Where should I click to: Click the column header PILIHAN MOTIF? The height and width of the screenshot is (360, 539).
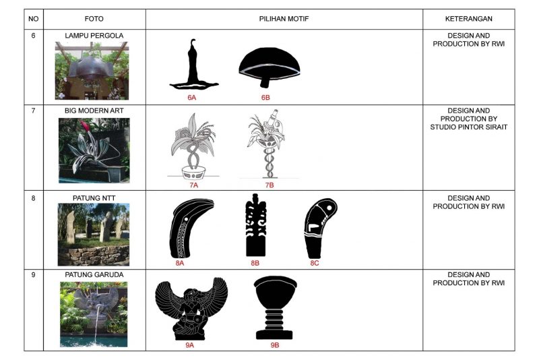click(x=284, y=19)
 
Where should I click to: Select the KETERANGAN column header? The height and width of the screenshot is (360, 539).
click(x=468, y=19)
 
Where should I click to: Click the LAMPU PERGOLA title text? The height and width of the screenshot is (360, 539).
click(x=94, y=36)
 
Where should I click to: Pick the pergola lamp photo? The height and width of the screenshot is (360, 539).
click(x=92, y=71)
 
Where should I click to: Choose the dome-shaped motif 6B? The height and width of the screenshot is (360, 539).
click(x=269, y=67)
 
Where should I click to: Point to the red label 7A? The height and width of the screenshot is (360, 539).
click(x=193, y=185)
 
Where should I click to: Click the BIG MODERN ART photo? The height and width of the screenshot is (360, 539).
click(x=94, y=150)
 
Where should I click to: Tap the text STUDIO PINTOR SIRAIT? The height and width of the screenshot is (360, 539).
click(x=468, y=127)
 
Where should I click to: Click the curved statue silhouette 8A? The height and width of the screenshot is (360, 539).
click(x=191, y=229)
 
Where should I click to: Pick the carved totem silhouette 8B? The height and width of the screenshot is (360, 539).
click(x=256, y=225)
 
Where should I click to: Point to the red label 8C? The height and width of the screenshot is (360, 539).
click(x=314, y=263)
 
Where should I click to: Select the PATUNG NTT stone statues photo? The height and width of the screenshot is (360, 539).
click(x=94, y=235)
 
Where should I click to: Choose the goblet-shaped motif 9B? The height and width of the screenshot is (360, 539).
click(x=275, y=308)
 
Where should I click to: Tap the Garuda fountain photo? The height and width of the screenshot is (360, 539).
click(x=94, y=314)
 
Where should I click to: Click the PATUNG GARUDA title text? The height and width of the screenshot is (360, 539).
click(x=94, y=275)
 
